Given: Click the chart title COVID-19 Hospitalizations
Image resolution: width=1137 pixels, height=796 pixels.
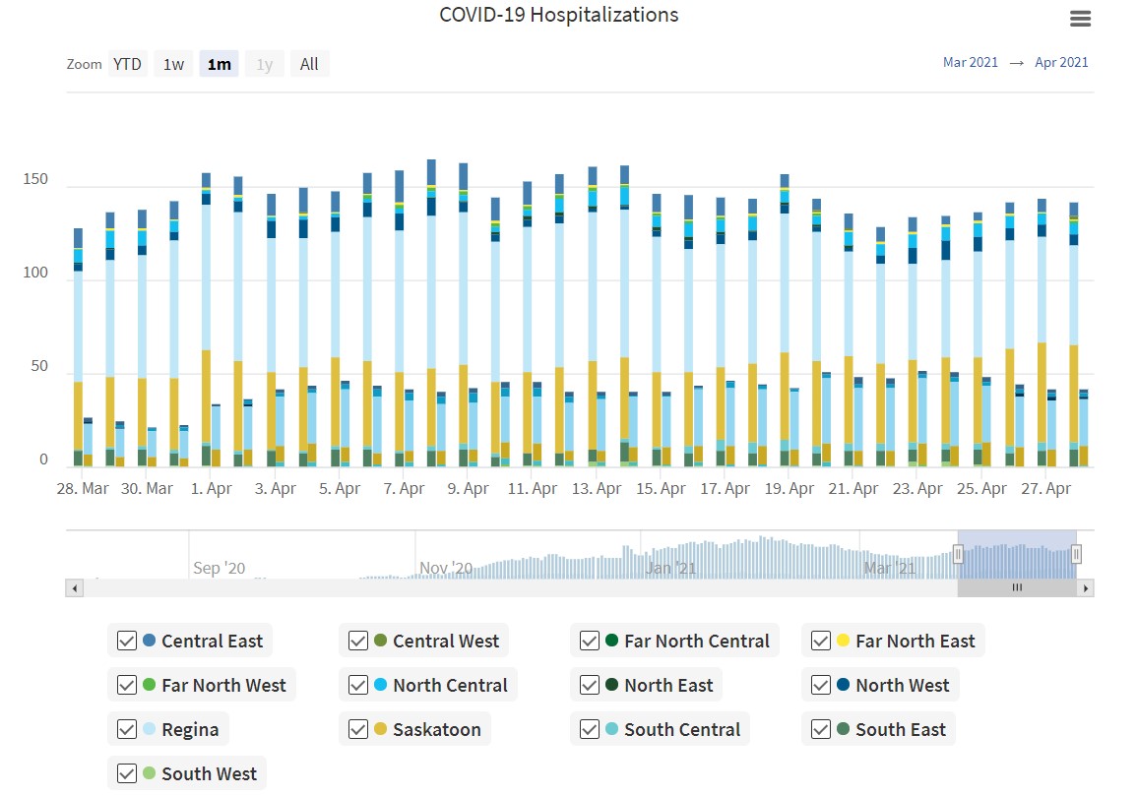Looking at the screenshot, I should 558,15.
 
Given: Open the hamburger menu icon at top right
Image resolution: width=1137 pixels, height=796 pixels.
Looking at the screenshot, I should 1080,19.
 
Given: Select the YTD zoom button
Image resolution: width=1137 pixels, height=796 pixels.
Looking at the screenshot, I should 127,64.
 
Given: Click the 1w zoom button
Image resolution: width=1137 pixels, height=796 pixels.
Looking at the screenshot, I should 173,64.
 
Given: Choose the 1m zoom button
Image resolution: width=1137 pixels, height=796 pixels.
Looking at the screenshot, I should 219,64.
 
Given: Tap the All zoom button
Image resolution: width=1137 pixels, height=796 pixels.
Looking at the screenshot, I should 309,64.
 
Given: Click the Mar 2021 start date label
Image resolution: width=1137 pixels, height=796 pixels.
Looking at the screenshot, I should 970,62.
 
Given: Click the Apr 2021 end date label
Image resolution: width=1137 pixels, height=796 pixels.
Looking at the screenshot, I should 1061,62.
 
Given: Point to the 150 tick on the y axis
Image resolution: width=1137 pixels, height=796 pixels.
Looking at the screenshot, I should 34,180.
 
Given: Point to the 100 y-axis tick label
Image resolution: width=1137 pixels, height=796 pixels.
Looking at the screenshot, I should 34,274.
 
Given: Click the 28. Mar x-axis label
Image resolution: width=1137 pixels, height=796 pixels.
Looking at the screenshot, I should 83,488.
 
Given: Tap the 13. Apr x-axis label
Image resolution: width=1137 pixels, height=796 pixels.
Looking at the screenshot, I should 597,488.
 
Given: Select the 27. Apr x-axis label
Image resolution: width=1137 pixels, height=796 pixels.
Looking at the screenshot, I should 1045,488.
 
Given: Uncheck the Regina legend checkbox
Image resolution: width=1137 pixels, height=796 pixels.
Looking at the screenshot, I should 126,729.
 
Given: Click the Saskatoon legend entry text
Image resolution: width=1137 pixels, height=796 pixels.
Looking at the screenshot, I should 437,729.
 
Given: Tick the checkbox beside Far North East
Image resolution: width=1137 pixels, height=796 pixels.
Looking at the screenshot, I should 820,641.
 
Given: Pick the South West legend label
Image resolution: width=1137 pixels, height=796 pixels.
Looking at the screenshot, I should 210,773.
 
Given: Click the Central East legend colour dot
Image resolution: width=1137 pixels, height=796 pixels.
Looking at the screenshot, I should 149,641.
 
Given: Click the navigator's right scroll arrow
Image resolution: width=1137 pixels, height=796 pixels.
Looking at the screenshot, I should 1086,587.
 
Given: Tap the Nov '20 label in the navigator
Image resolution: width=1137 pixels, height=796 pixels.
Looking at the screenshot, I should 446,568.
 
